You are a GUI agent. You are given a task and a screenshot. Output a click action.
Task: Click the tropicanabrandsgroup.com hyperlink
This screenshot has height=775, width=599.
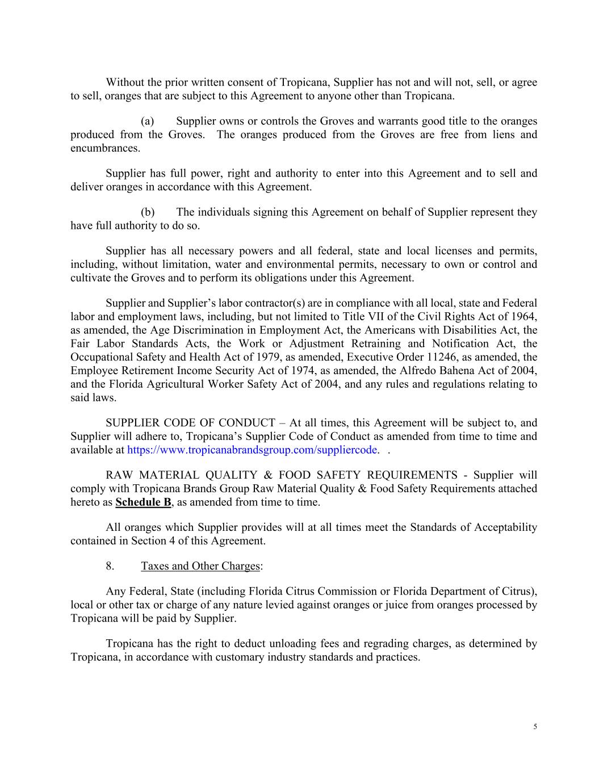(252, 450)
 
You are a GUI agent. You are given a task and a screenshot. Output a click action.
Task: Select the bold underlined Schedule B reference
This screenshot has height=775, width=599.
(143, 502)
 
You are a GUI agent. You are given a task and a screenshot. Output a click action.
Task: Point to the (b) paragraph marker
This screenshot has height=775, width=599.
(148, 212)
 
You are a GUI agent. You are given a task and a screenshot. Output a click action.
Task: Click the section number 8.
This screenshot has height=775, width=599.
(110, 566)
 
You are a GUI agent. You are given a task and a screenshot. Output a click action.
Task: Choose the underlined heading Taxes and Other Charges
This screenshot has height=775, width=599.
(200, 566)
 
